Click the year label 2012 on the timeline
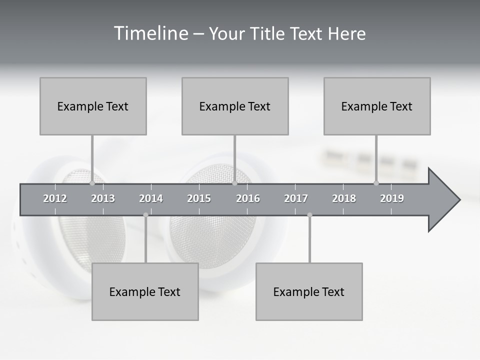pos(55,198)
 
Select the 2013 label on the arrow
pos(103,198)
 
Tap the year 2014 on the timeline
pos(151,198)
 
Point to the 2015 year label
pos(199,198)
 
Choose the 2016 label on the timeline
pos(248,198)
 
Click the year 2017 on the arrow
pos(296,198)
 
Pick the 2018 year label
pos(344,198)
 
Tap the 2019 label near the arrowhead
pos(392,198)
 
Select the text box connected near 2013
pos(93,106)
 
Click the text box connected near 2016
pos(235,106)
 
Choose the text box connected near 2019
pos(377,106)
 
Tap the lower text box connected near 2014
pos(145,291)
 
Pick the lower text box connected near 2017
pos(309,291)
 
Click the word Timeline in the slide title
pos(150,33)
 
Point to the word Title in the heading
pos(268,33)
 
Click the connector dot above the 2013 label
pos(92,183)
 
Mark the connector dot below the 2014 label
pos(145,215)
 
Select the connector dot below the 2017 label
pos(309,215)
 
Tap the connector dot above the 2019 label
pos(376,183)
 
